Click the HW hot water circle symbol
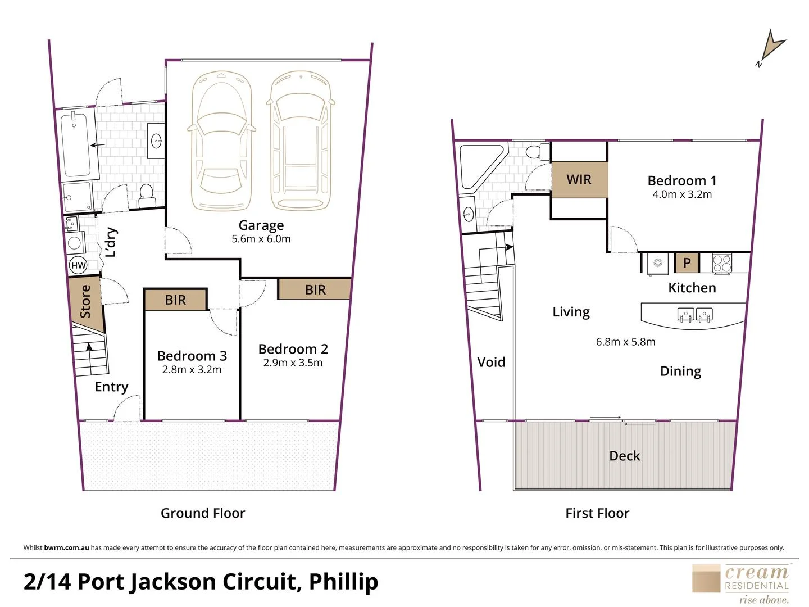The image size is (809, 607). (x=78, y=265)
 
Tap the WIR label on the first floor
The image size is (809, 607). (x=579, y=180)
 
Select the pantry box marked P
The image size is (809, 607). (x=687, y=263)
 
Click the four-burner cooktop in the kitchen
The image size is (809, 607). (x=722, y=264)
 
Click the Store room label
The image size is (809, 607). (x=85, y=301)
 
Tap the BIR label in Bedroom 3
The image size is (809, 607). (x=175, y=300)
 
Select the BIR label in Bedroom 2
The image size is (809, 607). (x=316, y=290)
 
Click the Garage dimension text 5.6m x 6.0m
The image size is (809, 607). (x=261, y=239)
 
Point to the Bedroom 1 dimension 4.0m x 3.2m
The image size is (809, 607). (x=682, y=194)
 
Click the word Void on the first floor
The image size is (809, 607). (x=491, y=363)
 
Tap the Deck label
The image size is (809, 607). (x=625, y=456)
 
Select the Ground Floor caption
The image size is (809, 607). (x=203, y=513)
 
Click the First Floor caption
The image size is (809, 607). (x=597, y=513)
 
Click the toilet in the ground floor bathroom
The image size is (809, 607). (x=146, y=196)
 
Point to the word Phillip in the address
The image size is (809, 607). (x=343, y=582)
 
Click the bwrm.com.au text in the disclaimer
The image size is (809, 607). (x=66, y=547)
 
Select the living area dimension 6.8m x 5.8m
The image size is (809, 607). (x=625, y=342)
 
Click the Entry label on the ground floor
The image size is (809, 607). (x=112, y=387)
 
